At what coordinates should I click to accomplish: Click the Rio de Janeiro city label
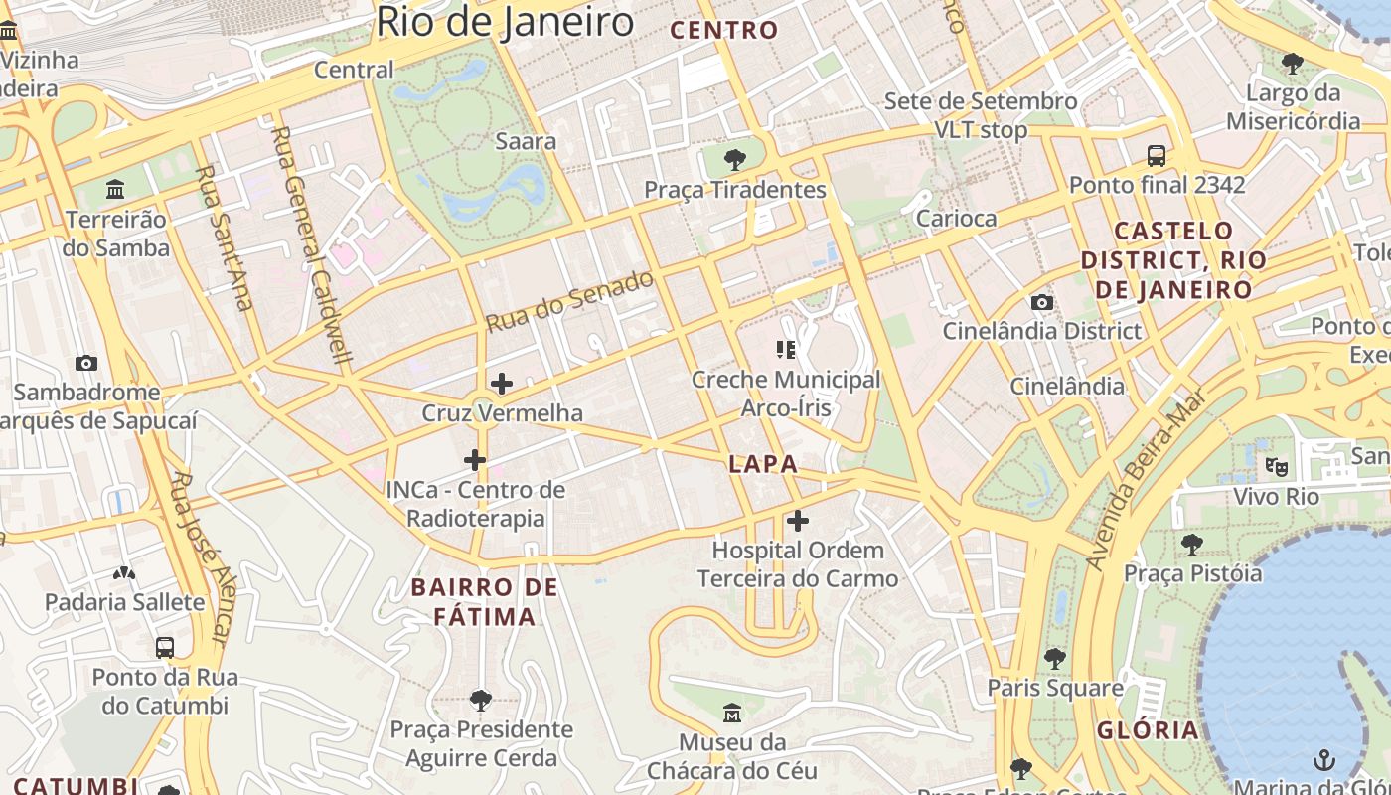[505, 22]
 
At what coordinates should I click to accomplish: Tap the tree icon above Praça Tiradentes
[735, 159]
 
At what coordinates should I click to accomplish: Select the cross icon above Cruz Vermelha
[502, 383]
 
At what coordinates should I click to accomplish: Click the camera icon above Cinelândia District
[1041, 302]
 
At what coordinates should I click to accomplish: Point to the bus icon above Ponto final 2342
[1157, 155]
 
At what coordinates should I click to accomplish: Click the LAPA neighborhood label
[763, 463]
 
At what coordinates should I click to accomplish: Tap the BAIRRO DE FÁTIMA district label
[485, 601]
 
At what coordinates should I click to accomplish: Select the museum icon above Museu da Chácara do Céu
[732, 713]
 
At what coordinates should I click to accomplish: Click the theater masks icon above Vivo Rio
[1276, 466]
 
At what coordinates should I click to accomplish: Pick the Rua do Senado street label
[570, 300]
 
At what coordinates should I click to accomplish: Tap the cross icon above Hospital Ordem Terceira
[797, 521]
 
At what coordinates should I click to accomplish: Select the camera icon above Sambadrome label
[86, 363]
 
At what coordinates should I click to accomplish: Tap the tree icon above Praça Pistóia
[1192, 544]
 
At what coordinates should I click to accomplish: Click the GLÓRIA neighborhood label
[1148, 730]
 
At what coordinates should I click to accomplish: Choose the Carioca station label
[956, 218]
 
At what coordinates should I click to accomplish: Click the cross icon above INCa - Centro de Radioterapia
[475, 459]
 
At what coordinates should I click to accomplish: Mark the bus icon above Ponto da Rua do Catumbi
[165, 648]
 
